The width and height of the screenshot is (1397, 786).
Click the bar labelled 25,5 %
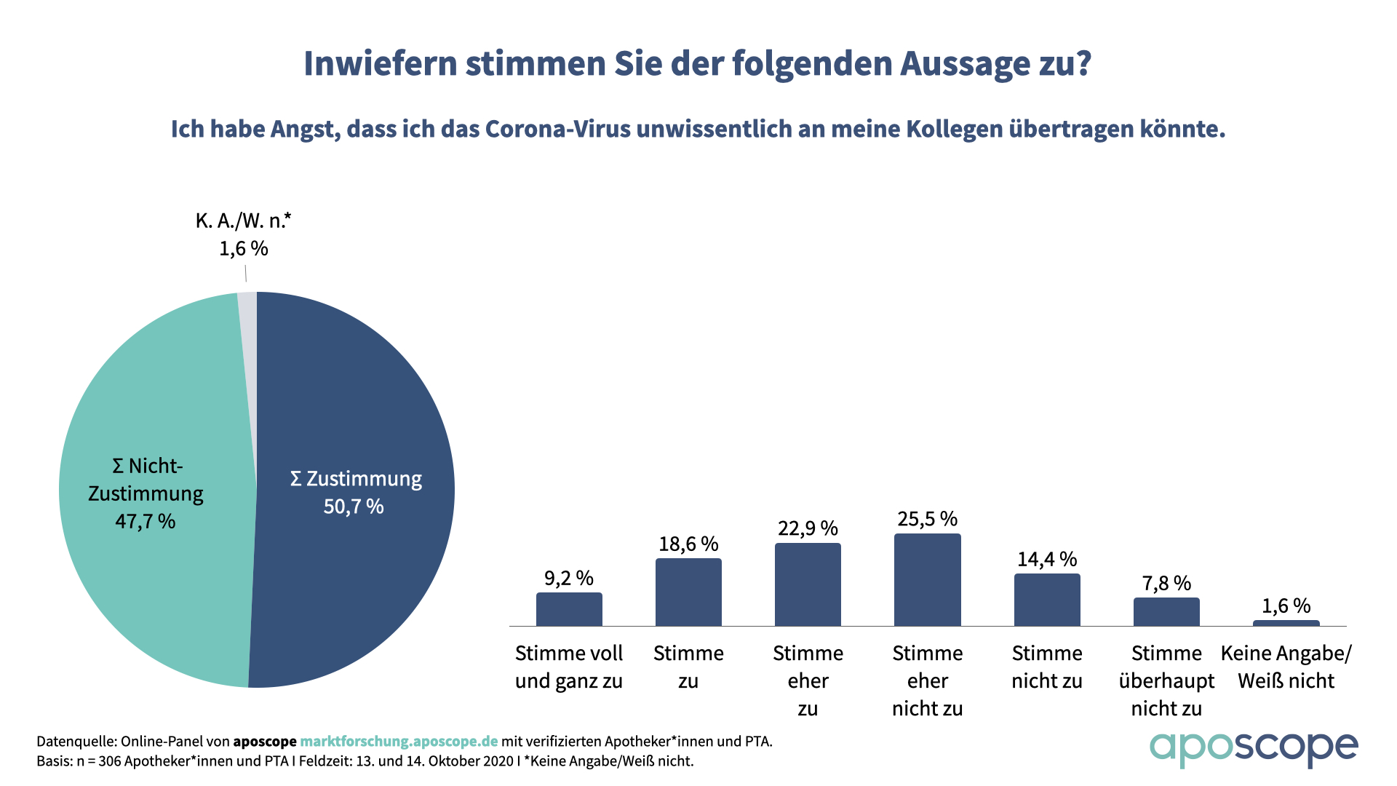(927, 580)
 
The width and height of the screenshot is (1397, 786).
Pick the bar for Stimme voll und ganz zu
(569, 609)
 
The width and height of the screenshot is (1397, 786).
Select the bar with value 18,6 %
(688, 592)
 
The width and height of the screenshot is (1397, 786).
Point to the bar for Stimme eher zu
(808, 584)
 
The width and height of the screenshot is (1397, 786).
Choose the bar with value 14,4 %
(1047, 600)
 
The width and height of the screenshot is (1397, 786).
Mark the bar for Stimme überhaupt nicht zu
(1166, 612)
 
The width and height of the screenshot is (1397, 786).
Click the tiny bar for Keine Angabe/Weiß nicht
(1286, 623)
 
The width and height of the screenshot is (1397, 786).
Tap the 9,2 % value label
(569, 579)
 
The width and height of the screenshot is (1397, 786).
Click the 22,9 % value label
(808, 528)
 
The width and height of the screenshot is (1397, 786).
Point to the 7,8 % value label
(1166, 584)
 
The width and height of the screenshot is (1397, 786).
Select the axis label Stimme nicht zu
(1047, 667)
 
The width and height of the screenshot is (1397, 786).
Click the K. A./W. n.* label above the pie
(243, 221)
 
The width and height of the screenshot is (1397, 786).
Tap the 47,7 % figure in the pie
(146, 521)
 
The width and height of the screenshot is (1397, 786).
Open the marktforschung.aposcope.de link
(399, 742)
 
